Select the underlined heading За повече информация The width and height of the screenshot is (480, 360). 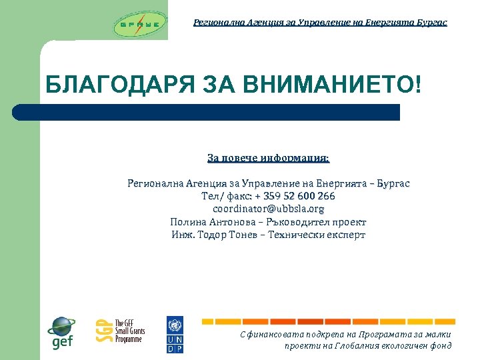point(268,159)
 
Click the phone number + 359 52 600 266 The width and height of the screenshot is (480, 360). point(295,196)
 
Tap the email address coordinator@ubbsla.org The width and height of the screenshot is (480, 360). point(268,209)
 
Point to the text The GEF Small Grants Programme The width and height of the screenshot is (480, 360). point(129,331)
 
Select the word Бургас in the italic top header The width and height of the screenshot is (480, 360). point(431,22)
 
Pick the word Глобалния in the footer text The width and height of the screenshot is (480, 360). point(350,345)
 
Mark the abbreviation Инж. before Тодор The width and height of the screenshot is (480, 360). point(183,235)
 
